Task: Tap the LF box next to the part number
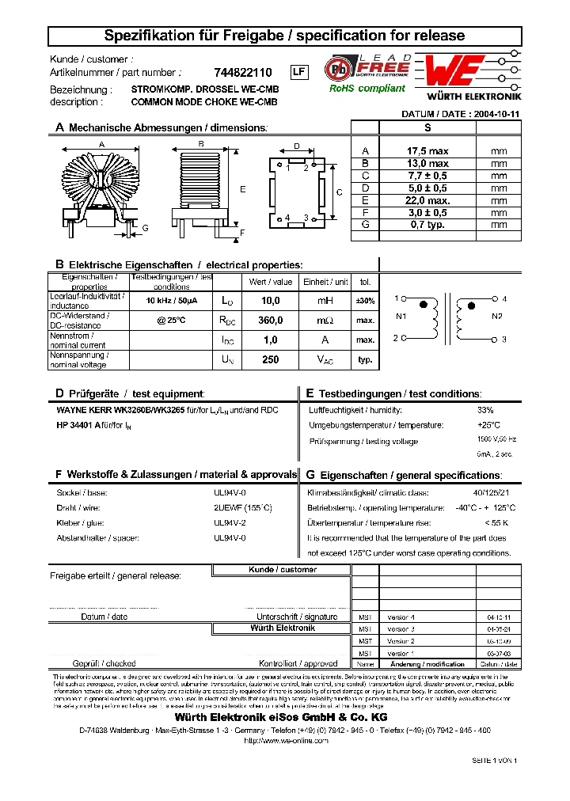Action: click(298, 72)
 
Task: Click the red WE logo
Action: click(452, 72)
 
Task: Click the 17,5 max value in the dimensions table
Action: click(427, 151)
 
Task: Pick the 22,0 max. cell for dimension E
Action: click(427, 200)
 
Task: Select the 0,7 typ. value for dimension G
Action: click(427, 225)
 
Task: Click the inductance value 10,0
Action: click(271, 302)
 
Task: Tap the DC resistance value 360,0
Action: click(271, 321)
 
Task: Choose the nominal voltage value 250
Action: click(271, 359)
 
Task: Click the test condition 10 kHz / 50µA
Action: click(172, 302)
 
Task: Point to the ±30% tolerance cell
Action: click(365, 302)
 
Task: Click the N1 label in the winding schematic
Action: click(401, 317)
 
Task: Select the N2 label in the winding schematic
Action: click(497, 317)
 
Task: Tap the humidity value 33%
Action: click(485, 410)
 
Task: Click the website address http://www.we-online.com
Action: click(285, 740)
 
